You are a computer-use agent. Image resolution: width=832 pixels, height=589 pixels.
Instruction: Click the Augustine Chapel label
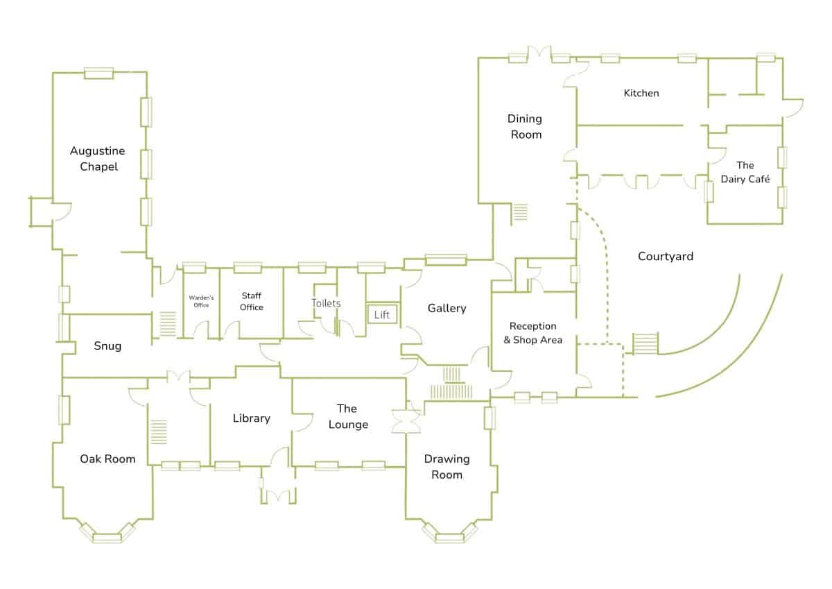(98, 159)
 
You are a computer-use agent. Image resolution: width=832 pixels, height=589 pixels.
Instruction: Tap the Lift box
(382, 314)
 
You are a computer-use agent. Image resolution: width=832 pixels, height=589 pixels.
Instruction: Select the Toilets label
(326, 303)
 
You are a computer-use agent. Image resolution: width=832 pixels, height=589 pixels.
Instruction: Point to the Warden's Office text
(201, 301)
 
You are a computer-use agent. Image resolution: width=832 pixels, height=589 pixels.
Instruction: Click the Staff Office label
(252, 302)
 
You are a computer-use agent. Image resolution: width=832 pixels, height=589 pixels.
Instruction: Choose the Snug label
(107, 345)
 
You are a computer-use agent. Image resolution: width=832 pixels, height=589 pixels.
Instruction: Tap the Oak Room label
(107, 459)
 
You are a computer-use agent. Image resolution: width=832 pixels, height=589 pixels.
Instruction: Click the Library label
(251, 418)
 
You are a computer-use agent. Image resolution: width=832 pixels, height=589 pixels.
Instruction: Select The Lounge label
(348, 416)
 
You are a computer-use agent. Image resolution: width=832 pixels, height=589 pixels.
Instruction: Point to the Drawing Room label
(447, 467)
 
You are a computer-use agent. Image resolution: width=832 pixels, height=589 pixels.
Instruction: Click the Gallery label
(447, 308)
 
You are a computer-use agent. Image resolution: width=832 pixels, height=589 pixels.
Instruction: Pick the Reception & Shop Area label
(532, 333)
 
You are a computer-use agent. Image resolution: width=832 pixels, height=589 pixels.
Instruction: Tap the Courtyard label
(666, 257)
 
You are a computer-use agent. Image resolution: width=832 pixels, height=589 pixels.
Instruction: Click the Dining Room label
(526, 126)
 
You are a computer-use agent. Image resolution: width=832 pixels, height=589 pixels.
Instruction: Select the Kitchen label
(641, 93)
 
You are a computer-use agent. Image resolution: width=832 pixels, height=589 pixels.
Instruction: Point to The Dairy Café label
(745, 172)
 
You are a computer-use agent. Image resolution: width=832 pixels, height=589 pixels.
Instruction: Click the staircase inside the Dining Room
(520, 212)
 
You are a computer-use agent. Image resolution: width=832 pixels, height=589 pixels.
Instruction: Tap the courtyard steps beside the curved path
(645, 343)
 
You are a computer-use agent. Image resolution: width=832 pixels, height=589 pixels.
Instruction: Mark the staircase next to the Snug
(167, 324)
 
